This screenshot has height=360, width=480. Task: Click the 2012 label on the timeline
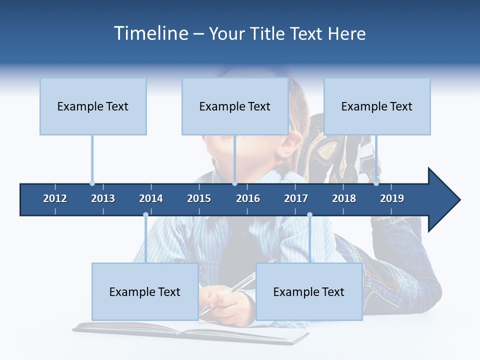[55, 198]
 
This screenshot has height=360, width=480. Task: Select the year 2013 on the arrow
[103, 198]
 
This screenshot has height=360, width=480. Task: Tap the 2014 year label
[151, 198]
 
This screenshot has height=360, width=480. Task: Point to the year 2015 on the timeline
[199, 198]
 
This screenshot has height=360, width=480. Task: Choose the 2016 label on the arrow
[248, 198]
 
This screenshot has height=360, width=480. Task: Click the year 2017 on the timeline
[296, 198]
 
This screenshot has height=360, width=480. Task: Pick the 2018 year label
[344, 198]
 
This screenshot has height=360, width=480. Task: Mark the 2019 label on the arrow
[392, 198]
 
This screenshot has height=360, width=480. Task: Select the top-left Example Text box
[93, 106]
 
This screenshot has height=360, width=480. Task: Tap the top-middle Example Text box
[235, 106]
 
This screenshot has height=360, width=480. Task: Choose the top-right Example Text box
[377, 106]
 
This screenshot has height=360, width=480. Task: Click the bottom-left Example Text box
[145, 292]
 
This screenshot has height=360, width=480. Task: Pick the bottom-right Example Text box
[309, 292]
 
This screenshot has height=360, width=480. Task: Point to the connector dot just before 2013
[92, 183]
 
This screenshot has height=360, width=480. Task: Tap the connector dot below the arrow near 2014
[145, 215]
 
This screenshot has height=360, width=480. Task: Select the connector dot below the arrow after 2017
[309, 215]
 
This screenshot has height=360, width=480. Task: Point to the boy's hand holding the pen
[230, 302]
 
